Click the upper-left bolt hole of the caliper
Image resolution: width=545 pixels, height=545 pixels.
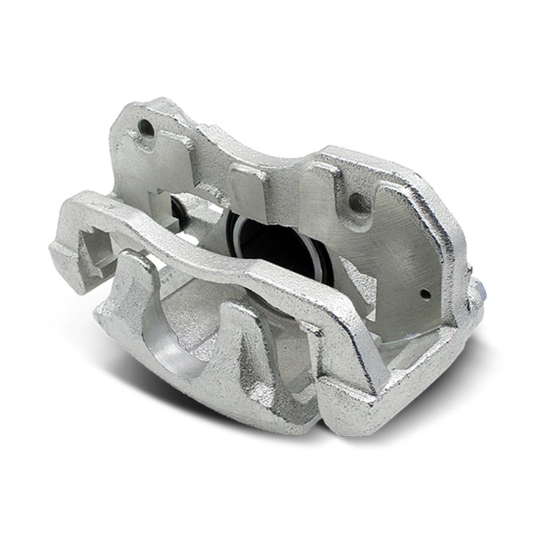click(145, 127)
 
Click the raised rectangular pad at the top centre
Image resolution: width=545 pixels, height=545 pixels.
click(248, 194)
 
